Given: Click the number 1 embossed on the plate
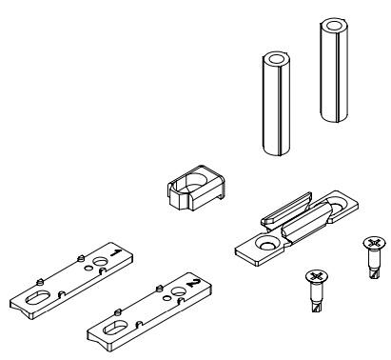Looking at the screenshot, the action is [x=116, y=253].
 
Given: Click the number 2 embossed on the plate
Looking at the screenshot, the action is [x=194, y=283].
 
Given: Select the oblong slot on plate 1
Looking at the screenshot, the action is [x=37, y=297].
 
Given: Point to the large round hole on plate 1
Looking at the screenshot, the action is [x=100, y=262].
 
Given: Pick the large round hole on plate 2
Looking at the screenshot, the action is [x=178, y=291].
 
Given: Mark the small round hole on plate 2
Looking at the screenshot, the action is [x=166, y=298].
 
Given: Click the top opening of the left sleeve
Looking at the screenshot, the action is [x=276, y=59].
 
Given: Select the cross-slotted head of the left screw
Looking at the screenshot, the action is [x=317, y=276].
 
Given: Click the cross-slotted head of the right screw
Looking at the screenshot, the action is [x=374, y=243].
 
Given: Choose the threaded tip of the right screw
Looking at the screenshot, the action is [x=375, y=273].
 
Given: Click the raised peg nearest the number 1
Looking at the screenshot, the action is [x=80, y=258].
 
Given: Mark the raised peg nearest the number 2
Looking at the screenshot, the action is [x=158, y=289].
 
